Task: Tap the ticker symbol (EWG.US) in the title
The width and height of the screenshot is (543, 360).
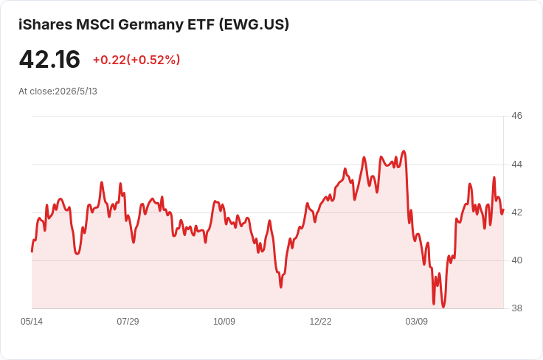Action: click(254, 24)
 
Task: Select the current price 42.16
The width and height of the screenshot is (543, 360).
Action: click(49, 59)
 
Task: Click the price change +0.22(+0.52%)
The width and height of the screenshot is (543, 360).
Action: click(136, 60)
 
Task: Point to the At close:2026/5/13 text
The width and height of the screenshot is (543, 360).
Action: click(58, 91)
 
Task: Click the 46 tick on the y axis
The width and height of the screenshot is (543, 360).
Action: click(516, 116)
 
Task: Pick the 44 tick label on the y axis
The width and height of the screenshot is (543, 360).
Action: click(516, 165)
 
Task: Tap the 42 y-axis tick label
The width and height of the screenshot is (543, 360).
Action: click(516, 212)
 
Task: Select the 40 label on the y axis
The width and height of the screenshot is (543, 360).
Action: click(516, 260)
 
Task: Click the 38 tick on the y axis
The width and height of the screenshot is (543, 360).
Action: click(516, 308)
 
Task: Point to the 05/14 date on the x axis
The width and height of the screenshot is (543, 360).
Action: click(32, 322)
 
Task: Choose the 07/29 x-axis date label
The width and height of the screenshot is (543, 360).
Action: click(128, 322)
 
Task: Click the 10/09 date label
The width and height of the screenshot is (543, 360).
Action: click(224, 322)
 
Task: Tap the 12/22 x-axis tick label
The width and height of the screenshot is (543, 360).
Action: click(320, 322)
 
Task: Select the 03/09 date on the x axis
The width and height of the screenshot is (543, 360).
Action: click(417, 322)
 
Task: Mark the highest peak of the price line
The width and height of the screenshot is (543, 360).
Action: click(404, 151)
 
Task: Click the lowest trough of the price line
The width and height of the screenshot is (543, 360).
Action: click(443, 307)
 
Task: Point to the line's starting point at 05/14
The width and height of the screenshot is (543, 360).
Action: click(32, 252)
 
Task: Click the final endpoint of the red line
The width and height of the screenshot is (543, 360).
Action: click(503, 210)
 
